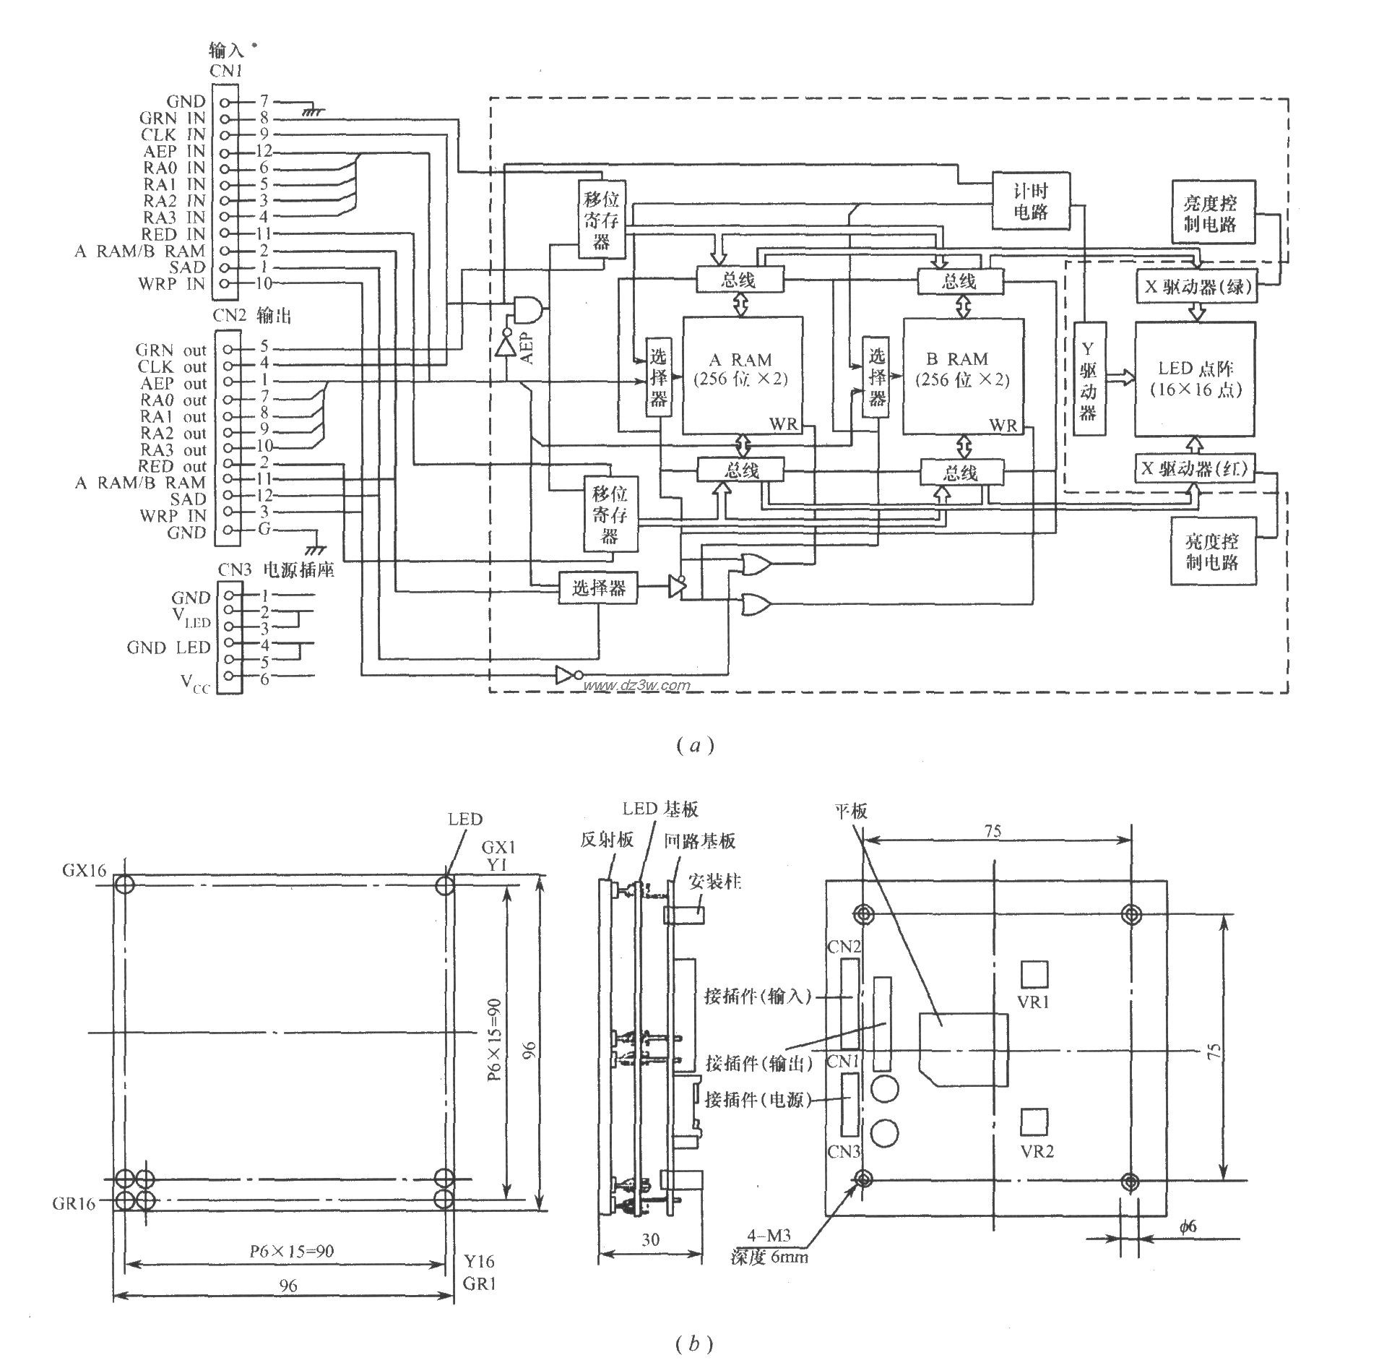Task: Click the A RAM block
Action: pos(741,374)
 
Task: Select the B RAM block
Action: pos(962,374)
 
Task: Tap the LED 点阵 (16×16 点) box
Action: pos(1195,379)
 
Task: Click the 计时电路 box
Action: pos(1031,201)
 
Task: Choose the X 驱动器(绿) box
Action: pos(1196,287)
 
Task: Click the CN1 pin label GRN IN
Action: pos(173,118)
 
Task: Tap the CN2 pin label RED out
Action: pos(173,466)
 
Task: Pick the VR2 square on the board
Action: pos(1034,1122)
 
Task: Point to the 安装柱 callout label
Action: pos(715,882)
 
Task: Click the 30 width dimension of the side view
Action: pos(650,1240)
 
